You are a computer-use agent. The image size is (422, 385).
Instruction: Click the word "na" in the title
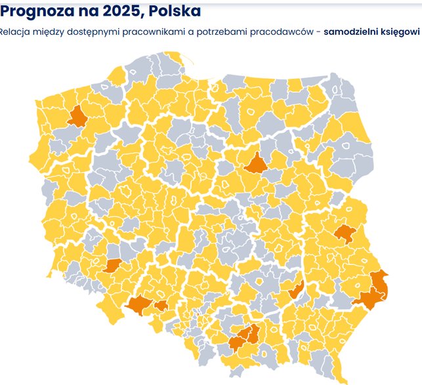(x=87, y=11)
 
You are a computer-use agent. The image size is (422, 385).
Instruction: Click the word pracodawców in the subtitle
(x=286, y=31)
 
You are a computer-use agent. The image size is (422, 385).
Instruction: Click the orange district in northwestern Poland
(x=78, y=116)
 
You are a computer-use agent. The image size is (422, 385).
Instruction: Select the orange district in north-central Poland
(x=255, y=163)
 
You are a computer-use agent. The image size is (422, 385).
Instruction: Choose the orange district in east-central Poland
(x=344, y=233)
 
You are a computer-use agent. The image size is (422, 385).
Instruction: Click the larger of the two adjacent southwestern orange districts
(x=138, y=304)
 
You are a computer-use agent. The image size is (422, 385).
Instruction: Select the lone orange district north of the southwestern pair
(x=112, y=265)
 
